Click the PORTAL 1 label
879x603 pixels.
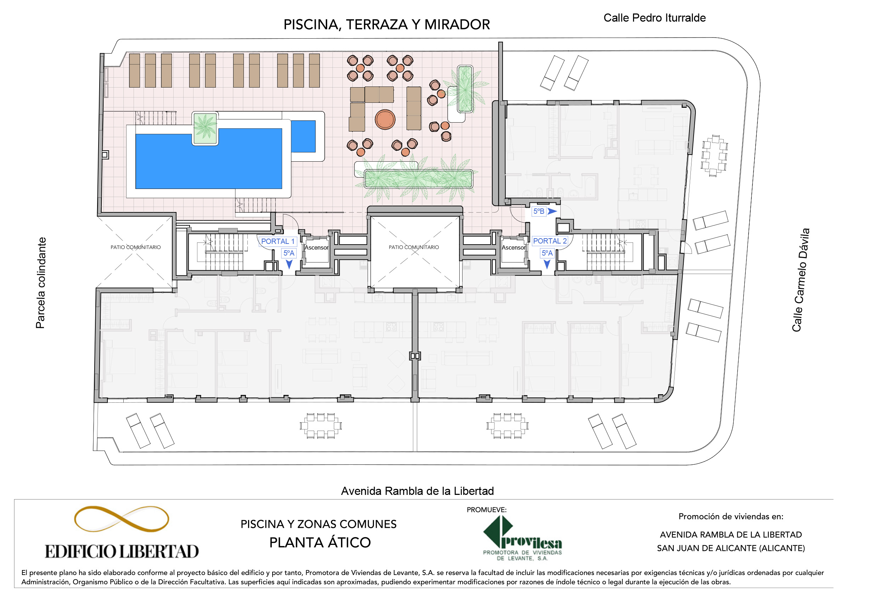coord(278,241)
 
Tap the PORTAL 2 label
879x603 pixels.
coord(550,241)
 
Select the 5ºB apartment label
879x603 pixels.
coord(539,212)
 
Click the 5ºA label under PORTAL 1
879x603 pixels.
coord(289,253)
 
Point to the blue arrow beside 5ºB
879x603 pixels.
coord(552,212)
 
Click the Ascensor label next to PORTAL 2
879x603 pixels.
coord(513,248)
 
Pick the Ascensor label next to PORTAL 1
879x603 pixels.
coord(316,248)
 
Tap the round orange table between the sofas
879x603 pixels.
coord(385,119)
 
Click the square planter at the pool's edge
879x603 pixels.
coord(205,128)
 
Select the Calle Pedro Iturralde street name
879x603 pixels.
coord(654,18)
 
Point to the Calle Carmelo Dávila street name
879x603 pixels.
coord(800,280)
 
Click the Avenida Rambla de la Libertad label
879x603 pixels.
coord(417,491)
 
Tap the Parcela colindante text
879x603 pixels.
coord(40,283)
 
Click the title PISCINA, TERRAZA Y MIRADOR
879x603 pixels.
coord(387,24)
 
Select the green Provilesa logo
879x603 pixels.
coord(522,538)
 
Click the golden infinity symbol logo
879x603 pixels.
coord(122,519)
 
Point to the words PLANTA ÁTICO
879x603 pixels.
coord(320,542)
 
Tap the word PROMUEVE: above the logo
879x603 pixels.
coord(486,510)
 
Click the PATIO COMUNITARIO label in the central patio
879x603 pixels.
coord(414,247)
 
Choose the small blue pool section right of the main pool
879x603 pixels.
coord(303,136)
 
